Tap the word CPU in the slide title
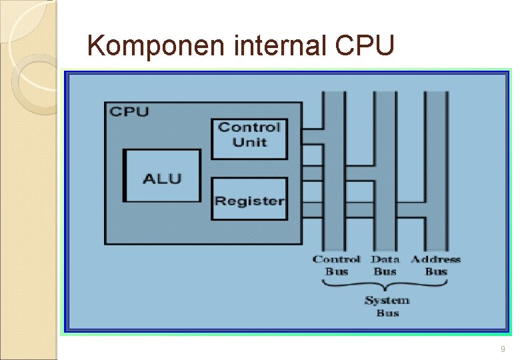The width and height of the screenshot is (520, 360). [366, 46]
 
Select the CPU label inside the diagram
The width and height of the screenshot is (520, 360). [129, 111]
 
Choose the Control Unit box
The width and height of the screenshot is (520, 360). [249, 139]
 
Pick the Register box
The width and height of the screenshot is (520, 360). [249, 199]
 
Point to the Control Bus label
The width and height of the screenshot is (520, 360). [337, 265]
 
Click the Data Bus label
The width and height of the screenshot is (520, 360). [385, 265]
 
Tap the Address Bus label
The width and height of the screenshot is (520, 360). [435, 265]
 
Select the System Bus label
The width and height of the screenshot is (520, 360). [387, 307]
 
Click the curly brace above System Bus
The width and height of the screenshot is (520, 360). [387, 285]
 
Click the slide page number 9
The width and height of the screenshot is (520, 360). [503, 349]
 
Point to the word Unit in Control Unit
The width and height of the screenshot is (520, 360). [249, 143]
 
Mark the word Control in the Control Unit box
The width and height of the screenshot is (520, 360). [249, 127]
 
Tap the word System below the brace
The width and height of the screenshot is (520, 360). [387, 301]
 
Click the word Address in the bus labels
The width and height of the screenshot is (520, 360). [435, 259]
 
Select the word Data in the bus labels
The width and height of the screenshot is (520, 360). [385, 259]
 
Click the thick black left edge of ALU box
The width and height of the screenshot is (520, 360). [125, 176]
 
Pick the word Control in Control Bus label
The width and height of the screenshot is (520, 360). [337, 259]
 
